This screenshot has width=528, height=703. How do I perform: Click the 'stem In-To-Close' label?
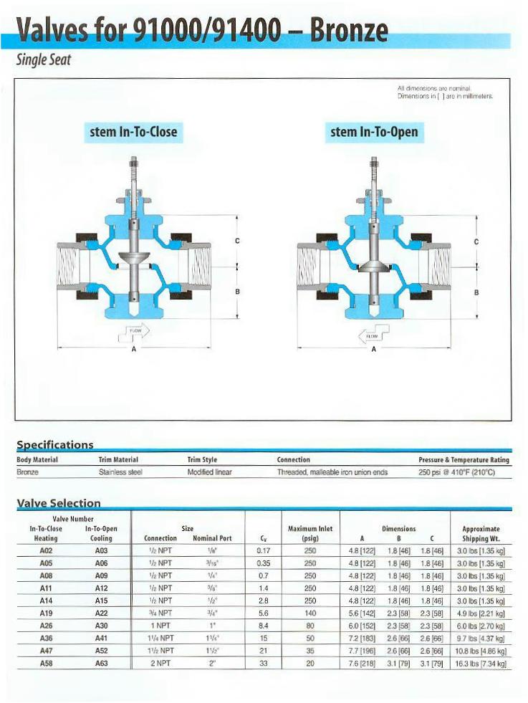tap(133, 132)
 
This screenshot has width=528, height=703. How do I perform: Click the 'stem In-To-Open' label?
tap(373, 132)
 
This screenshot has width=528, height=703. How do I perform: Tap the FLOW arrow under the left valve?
tap(135, 332)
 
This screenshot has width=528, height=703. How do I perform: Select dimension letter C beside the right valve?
tap(476, 241)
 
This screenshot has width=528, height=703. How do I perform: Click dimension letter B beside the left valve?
tap(237, 292)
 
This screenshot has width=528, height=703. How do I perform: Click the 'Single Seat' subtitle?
tap(43, 60)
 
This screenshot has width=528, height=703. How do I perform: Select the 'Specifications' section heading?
tap(55, 445)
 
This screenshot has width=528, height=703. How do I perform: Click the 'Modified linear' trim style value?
tap(210, 472)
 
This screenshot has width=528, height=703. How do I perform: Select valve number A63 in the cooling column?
tap(101, 664)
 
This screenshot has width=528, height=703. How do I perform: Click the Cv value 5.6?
tap(263, 614)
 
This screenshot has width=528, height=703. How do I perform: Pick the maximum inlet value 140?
tap(309, 614)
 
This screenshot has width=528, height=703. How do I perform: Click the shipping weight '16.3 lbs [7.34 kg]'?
tap(481, 664)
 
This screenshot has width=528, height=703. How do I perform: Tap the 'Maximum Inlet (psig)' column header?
tap(309, 533)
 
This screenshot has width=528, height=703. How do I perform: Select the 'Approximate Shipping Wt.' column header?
tap(481, 533)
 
